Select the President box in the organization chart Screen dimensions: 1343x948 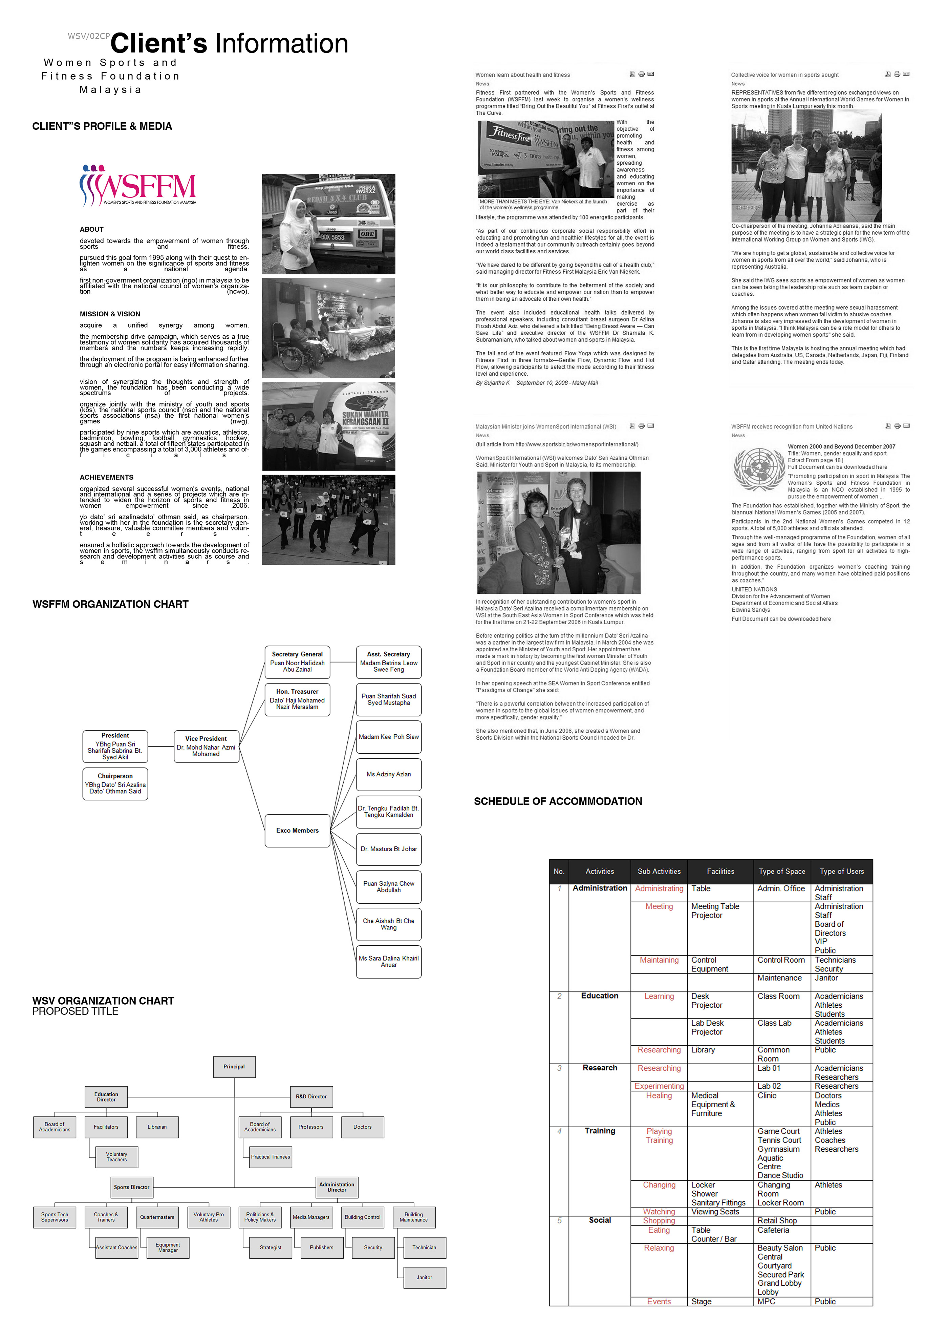[x=115, y=747]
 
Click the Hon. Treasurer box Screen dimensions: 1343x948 [x=297, y=699]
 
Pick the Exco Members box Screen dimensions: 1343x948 [x=297, y=831]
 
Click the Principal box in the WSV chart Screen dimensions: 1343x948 [x=234, y=1067]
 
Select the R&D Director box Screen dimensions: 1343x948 [x=311, y=1097]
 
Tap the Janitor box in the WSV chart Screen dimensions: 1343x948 [x=425, y=1278]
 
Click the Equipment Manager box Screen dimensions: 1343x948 [x=168, y=1248]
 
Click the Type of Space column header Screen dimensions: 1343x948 [x=782, y=872]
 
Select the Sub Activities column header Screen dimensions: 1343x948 [x=659, y=872]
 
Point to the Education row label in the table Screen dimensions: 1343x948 [x=600, y=996]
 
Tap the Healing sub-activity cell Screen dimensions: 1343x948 [x=659, y=1096]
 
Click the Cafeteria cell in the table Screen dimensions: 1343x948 [x=774, y=1231]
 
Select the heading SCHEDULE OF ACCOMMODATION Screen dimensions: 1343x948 [x=558, y=801]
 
